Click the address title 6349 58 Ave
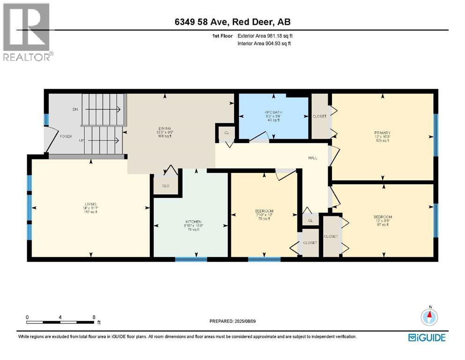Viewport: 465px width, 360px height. click(232, 22)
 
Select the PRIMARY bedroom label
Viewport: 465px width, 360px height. click(382, 133)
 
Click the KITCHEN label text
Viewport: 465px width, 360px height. click(192, 221)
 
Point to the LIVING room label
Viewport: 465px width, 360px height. click(90, 204)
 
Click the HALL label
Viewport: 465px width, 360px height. click(313, 158)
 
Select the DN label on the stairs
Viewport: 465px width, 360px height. click(75, 109)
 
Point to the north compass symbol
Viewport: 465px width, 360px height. click(429, 317)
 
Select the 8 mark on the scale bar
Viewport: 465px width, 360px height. click(94, 317)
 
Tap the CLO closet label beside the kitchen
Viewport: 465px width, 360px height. click(165, 186)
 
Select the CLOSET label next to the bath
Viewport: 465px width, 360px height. click(319, 116)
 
